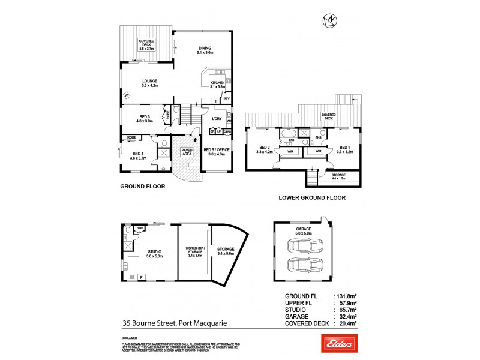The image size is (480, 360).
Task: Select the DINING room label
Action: click(205, 50)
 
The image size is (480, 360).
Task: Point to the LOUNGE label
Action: click(149, 83)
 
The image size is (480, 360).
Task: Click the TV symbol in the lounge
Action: click(127, 95)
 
